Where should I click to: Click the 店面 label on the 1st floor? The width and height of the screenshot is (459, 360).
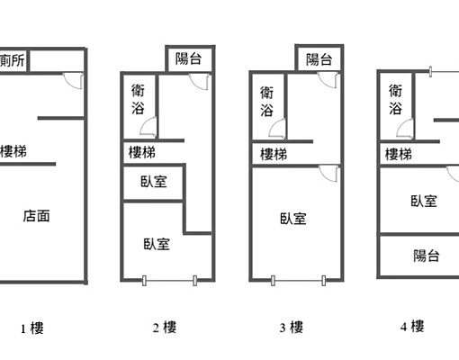tap(36, 216)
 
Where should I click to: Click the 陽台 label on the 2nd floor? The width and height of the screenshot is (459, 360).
tap(189, 59)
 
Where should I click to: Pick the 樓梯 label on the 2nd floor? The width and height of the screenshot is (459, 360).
tap(141, 153)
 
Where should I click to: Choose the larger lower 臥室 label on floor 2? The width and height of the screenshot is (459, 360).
tap(157, 243)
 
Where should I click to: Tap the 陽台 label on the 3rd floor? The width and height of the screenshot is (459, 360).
tap(319, 59)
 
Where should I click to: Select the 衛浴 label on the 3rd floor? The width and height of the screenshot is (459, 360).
tap(267, 101)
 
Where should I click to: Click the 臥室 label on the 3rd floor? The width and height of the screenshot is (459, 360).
tap(292, 218)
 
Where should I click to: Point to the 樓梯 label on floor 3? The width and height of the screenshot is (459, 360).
tap(274, 154)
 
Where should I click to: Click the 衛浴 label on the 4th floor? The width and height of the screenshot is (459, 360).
tap(396, 99)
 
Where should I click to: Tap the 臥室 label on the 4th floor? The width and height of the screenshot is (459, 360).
tap(423, 202)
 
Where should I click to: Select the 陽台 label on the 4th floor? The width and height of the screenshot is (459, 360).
tap(426, 256)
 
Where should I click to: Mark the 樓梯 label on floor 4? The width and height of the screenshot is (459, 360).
tap(399, 154)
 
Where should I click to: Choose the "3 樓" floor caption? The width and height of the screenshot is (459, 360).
tap(291, 328)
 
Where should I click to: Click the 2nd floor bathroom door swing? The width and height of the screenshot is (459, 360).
tap(151, 128)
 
